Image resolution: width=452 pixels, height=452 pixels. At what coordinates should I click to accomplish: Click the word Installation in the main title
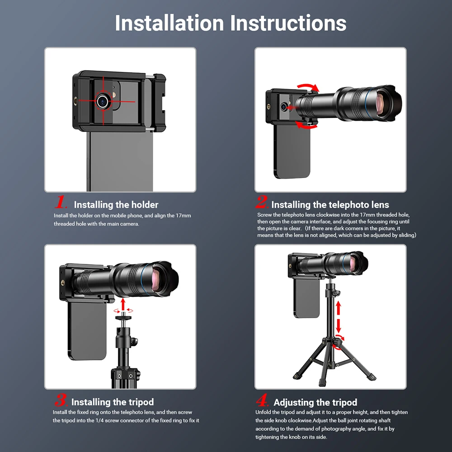click(x=169, y=23)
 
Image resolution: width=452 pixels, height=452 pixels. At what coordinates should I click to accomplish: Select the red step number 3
click(x=61, y=400)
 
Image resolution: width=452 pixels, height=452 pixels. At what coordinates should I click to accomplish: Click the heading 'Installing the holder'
click(x=116, y=205)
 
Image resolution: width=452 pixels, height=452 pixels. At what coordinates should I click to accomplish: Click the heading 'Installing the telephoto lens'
click(x=330, y=205)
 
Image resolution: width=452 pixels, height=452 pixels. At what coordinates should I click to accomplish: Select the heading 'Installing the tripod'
click(x=113, y=402)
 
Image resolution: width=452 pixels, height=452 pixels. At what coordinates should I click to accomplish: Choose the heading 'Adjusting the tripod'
click(x=315, y=402)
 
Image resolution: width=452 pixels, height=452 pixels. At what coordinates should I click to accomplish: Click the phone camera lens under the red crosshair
click(x=102, y=101)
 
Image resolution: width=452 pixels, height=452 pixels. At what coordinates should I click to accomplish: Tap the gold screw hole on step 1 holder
click(x=76, y=101)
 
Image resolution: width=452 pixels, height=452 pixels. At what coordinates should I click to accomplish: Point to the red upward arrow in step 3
click(x=123, y=304)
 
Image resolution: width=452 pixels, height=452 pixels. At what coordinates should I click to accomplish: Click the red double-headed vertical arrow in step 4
click(x=339, y=317)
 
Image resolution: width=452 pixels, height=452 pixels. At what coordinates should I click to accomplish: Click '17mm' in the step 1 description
click(x=184, y=216)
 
